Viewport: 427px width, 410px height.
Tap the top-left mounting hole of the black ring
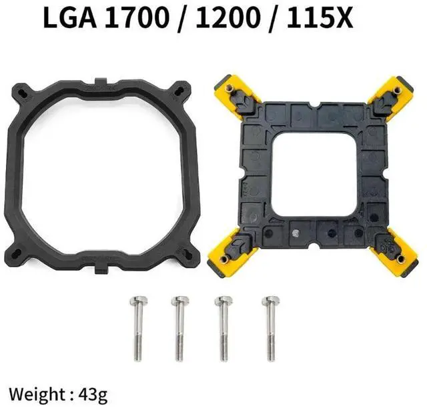[x=23, y=90]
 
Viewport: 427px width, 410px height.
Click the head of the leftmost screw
[x=135, y=301]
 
